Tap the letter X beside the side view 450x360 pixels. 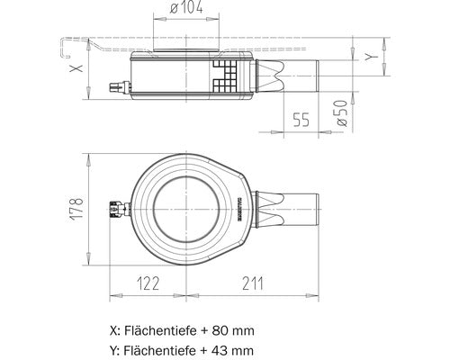[x=76, y=67]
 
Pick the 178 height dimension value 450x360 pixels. [x=79, y=210]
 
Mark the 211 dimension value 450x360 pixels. [x=253, y=283]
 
